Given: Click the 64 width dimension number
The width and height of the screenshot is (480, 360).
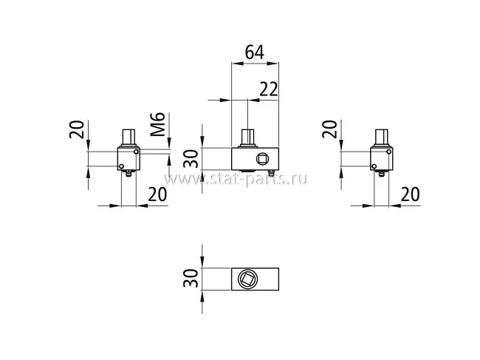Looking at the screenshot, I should (254, 53).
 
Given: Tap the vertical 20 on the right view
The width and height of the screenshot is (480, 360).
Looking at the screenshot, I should (330, 129).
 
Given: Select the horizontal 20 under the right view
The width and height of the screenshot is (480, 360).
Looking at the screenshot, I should (411, 194).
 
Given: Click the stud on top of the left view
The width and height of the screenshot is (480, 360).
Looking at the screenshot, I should (128, 138).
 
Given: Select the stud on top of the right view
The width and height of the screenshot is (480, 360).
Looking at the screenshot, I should (382, 138).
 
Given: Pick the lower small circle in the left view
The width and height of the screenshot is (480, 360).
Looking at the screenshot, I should (122, 166).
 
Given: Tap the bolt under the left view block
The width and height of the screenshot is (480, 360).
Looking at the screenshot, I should (129, 174).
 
